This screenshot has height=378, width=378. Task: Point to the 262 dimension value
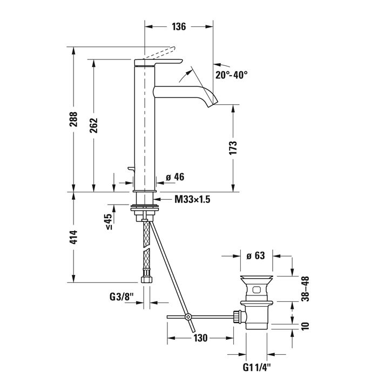[x=93, y=126]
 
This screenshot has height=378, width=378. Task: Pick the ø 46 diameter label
[x=175, y=177]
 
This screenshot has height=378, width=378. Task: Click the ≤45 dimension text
[x=107, y=222]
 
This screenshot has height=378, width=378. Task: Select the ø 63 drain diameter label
[x=255, y=255]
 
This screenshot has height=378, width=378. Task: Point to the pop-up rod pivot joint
[x=188, y=317]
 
